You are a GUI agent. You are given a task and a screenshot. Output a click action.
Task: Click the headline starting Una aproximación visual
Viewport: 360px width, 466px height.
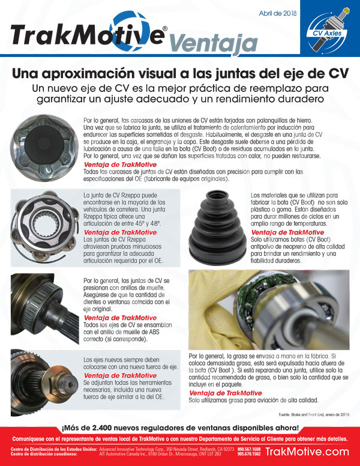[180, 74]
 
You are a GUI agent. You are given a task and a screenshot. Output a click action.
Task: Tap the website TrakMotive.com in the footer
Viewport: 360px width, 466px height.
[307, 452]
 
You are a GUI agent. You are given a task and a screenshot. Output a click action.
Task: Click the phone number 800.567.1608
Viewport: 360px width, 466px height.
[249, 449]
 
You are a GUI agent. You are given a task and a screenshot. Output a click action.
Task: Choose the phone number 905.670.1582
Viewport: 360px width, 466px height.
[249, 455]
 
